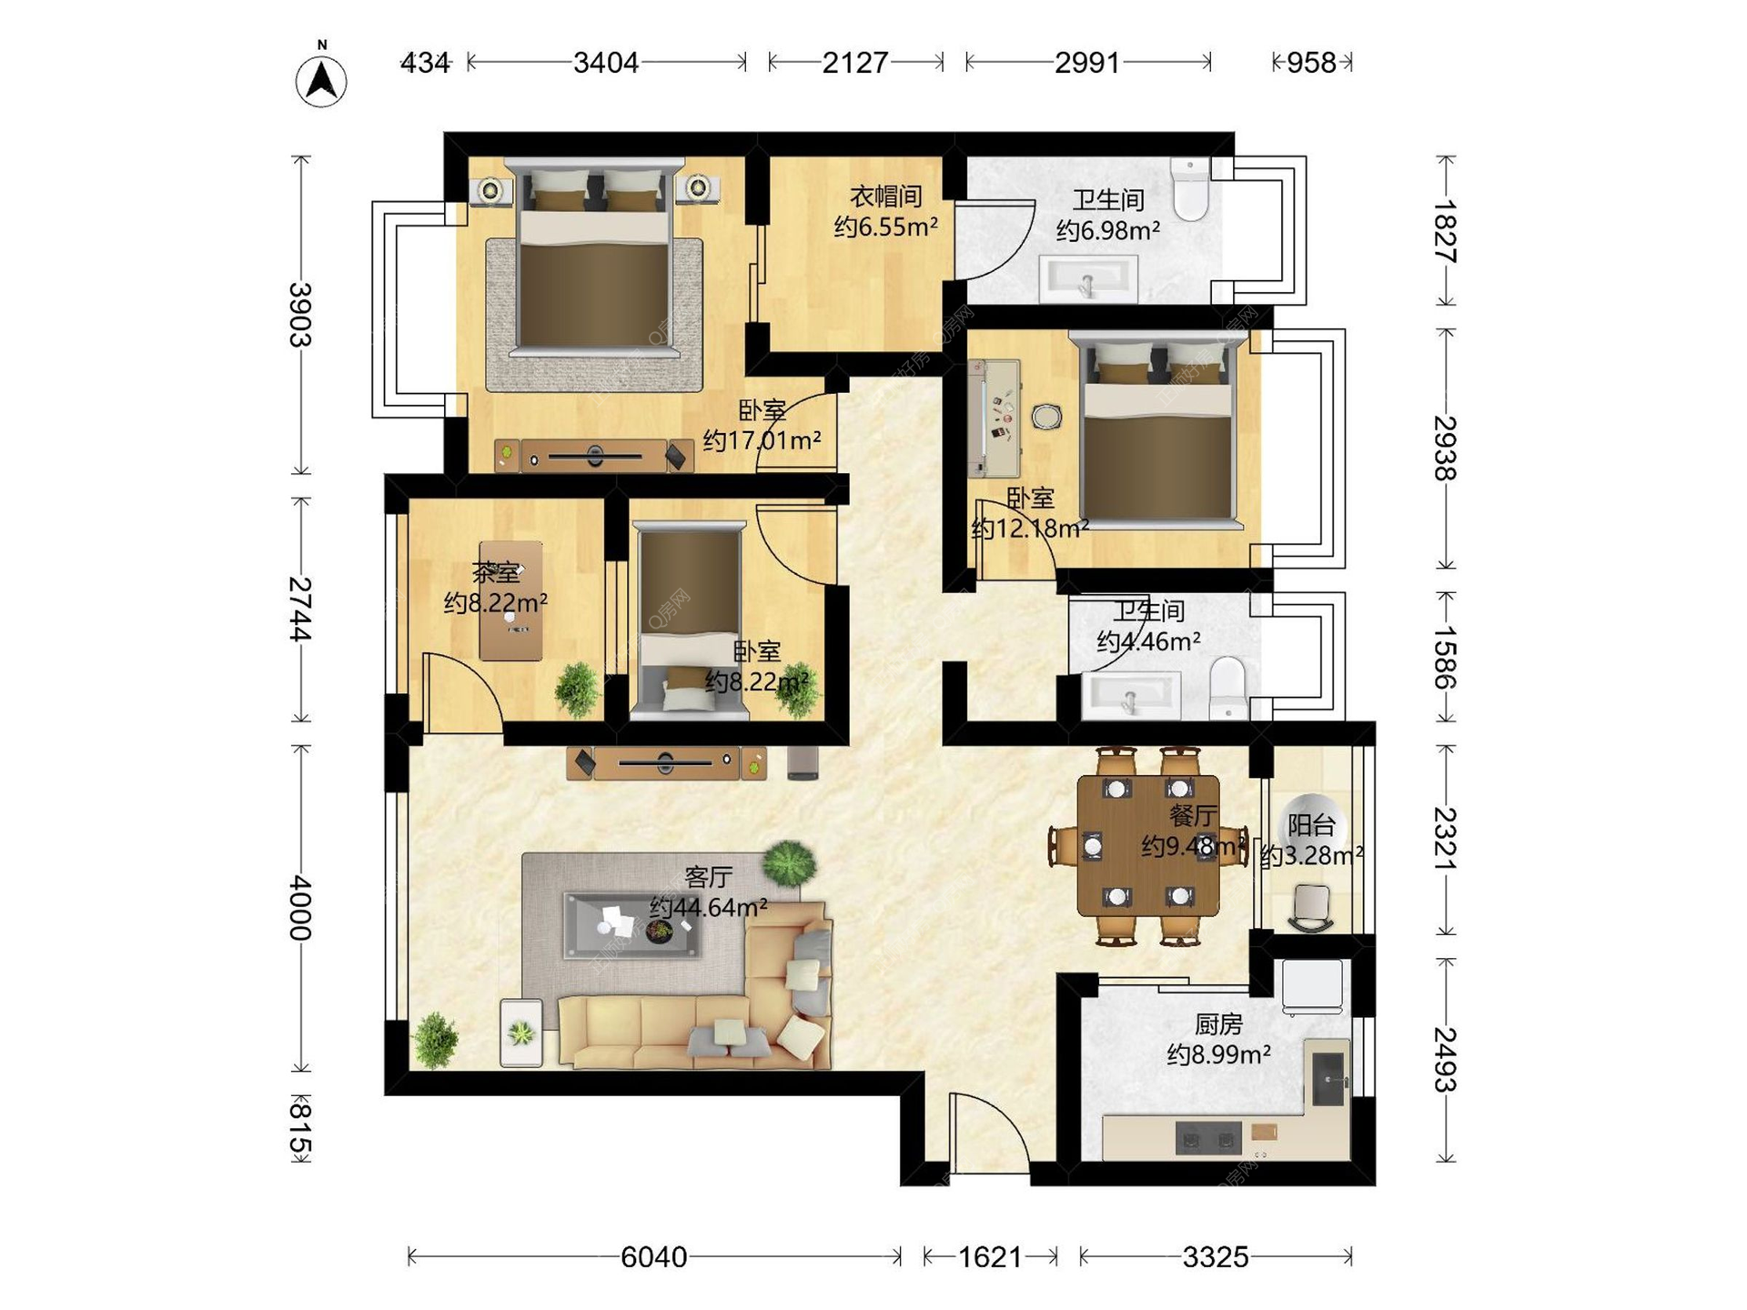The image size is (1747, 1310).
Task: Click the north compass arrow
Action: [321, 81]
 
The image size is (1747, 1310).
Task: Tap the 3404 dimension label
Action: [605, 63]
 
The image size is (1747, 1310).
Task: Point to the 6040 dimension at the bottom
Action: [653, 1257]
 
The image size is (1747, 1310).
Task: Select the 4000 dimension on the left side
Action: [300, 908]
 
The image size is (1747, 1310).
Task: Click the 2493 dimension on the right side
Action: [1445, 1059]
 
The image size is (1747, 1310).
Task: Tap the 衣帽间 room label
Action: [885, 196]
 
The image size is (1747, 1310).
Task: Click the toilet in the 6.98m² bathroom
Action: [1190, 189]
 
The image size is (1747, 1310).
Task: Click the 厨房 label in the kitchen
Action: [1218, 1024]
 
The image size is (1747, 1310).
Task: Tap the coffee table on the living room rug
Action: [632, 925]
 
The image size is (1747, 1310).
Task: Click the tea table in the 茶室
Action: [511, 600]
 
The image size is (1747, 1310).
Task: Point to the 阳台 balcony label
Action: [1311, 825]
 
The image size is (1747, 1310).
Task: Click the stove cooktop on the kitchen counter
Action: [1208, 1137]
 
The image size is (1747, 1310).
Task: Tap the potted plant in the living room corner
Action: [436, 1040]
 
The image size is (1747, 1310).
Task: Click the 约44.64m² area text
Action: [708, 907]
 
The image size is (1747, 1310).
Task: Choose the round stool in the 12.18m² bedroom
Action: [1047, 417]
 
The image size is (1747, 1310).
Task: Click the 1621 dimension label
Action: [990, 1257]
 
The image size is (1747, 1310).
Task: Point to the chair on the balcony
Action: [1311, 908]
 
